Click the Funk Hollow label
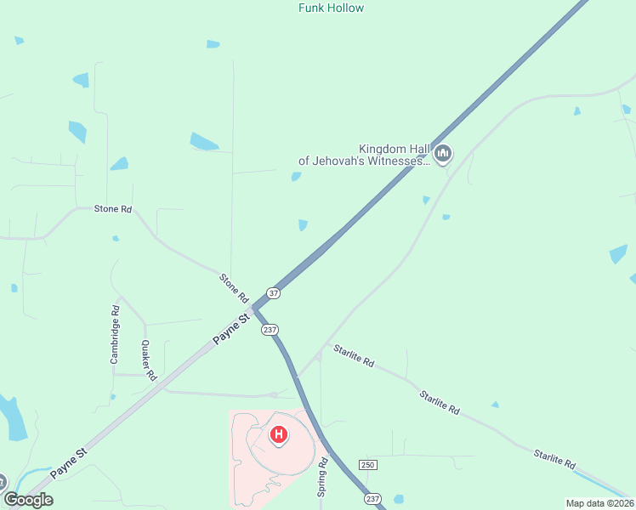(x=331, y=8)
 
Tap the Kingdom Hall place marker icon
(x=442, y=154)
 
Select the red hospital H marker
(x=278, y=435)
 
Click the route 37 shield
(x=273, y=292)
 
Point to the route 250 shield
(x=367, y=465)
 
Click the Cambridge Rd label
(x=115, y=335)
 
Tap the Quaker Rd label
(x=149, y=360)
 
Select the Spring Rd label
(x=323, y=477)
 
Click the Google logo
(x=28, y=499)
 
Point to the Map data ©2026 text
(x=599, y=502)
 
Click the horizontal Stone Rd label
(x=113, y=208)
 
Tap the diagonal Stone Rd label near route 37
(x=234, y=288)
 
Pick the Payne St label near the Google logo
(x=69, y=464)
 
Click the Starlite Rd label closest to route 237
(x=354, y=355)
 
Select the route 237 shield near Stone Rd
(x=270, y=329)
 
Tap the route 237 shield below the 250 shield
(x=372, y=498)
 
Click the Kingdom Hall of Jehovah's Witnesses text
(x=364, y=154)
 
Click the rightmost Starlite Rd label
(x=555, y=459)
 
